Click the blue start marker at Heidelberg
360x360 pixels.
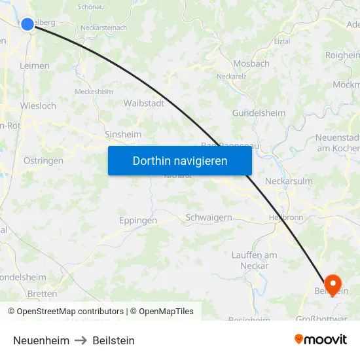(27, 24)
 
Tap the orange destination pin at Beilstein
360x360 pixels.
(333, 283)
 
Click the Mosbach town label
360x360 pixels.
(251, 64)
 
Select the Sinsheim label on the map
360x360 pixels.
(123, 134)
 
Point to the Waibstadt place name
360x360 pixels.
(143, 103)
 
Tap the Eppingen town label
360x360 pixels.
(137, 221)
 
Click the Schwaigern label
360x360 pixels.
(209, 217)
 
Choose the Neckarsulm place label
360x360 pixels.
(289, 181)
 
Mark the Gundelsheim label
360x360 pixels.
(259, 113)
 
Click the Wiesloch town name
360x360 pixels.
(38, 105)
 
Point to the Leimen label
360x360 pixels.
(34, 65)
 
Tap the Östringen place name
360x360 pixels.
(43, 160)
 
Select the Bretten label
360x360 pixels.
(43, 294)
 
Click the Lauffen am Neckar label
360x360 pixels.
(254, 261)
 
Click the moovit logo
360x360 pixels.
(320, 340)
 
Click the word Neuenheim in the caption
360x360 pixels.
(41, 340)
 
